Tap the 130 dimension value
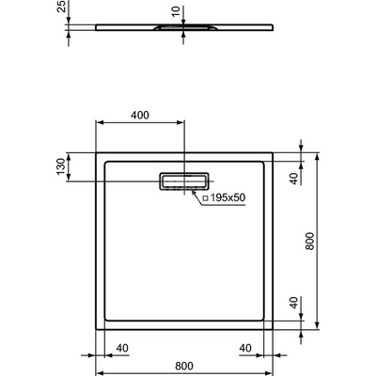point(61,166)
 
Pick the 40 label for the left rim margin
point(121,346)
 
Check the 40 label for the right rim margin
point(246,346)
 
